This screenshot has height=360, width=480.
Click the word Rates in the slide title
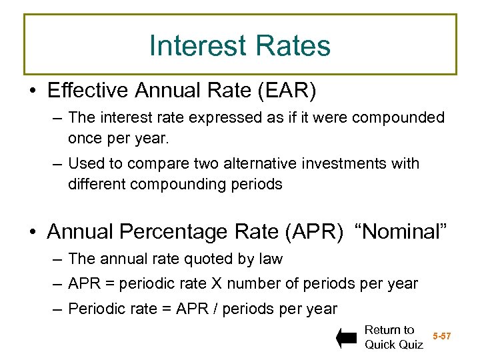(294, 46)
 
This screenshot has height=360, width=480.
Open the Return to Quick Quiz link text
(393, 337)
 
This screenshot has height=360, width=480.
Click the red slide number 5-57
(442, 337)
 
